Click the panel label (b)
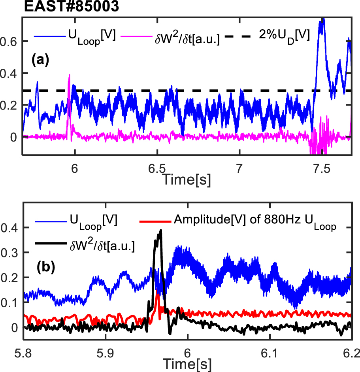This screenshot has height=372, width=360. pyautogui.click(x=45, y=266)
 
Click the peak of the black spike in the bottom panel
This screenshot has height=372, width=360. pyautogui.click(x=160, y=230)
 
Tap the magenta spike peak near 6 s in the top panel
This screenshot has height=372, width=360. pyautogui.click(x=70, y=75)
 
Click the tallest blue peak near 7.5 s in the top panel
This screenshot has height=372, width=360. pyautogui.click(x=323, y=19)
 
